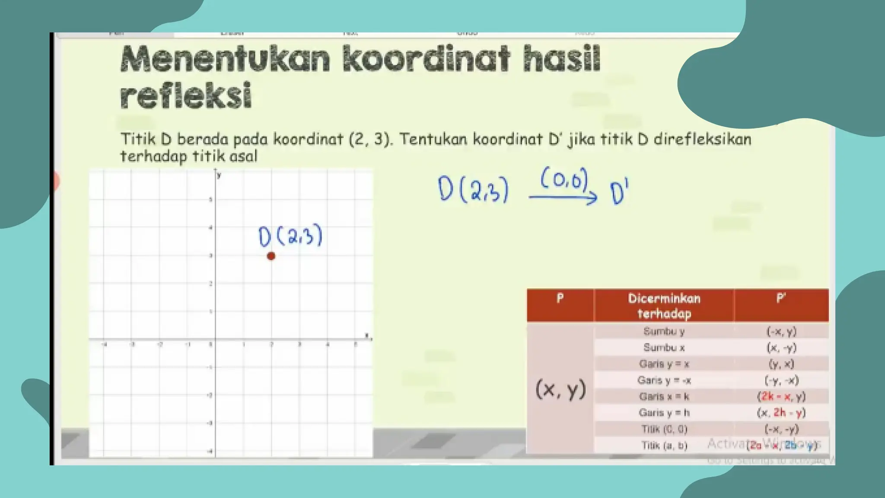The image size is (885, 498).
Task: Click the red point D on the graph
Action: [271, 256]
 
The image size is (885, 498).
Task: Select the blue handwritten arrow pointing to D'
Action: [563, 198]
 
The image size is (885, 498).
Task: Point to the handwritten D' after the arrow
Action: [619, 193]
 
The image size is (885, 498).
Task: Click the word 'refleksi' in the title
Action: [186, 95]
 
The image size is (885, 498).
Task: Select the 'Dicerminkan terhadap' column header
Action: [664, 306]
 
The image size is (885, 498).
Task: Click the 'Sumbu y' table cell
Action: [664, 332]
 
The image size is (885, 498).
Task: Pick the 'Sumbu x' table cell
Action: [664, 348]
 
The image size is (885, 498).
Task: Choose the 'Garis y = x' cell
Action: [664, 364]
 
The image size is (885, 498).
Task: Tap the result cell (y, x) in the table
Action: [781, 364]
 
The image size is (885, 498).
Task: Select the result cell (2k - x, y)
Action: [781, 396]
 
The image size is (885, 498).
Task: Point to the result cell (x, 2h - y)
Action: [781, 413]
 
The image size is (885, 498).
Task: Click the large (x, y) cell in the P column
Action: [560, 389]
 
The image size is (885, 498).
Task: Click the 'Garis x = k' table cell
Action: [664, 396]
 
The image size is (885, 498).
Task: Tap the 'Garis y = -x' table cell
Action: [664, 380]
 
